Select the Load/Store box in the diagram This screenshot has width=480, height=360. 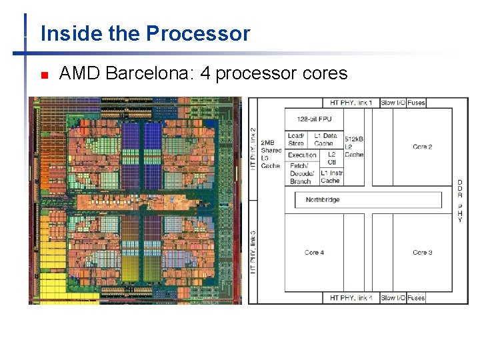[296, 139]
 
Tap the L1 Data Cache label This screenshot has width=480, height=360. [325, 139]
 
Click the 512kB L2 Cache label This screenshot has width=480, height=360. [354, 147]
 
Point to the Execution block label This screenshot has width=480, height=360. [302, 155]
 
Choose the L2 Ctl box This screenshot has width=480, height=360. [331, 158]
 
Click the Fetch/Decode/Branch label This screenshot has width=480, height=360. [301, 174]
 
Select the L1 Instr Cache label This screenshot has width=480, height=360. [331, 177]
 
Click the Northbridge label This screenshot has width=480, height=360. [323, 199]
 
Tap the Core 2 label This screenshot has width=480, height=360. [423, 147]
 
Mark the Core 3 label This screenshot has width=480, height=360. [423, 252]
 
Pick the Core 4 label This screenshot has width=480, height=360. [314, 252]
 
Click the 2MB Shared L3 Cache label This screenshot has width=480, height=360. [271, 154]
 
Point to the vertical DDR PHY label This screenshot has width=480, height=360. [460, 201]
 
